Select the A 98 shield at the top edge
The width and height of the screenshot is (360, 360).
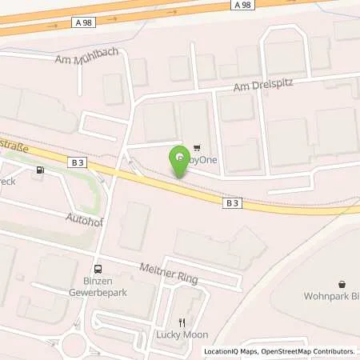[246, 5]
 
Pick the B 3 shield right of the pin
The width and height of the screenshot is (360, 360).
[231, 203]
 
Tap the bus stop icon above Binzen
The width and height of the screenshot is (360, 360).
[98, 270]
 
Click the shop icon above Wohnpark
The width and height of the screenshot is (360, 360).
[342, 284]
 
